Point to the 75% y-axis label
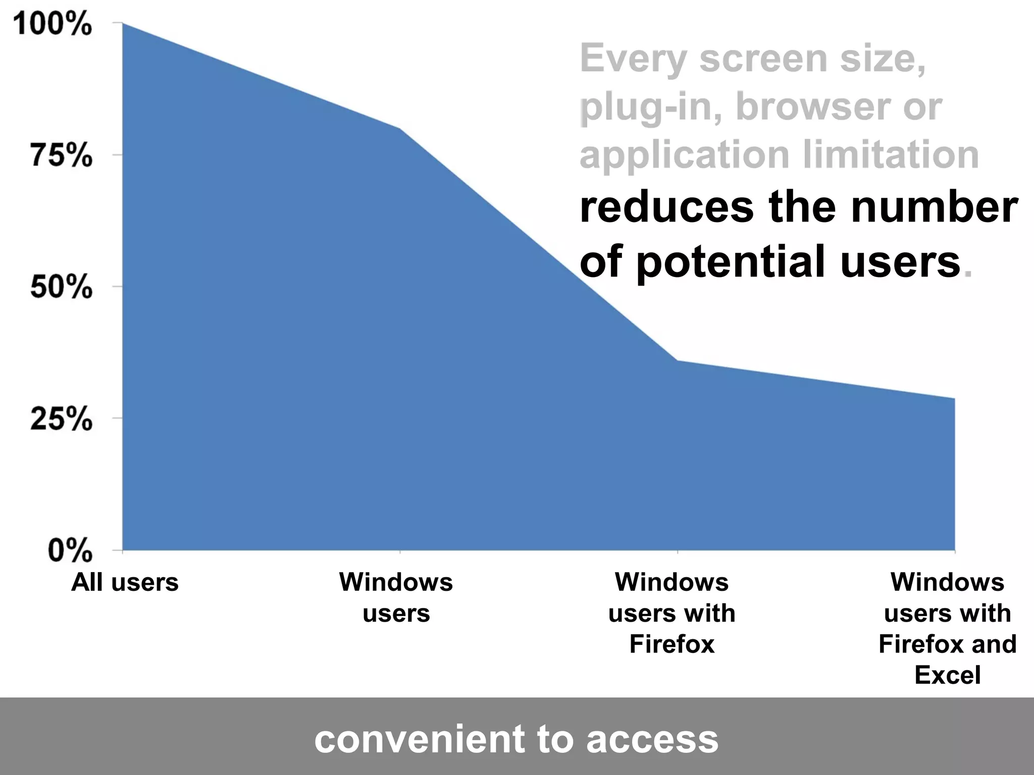[x=61, y=155]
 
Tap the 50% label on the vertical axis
[x=61, y=287]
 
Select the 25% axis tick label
[x=61, y=418]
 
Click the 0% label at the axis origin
[x=70, y=550]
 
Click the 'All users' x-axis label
[x=125, y=582]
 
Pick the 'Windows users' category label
[x=396, y=597]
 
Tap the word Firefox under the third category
[x=672, y=644]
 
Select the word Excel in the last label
[x=948, y=675]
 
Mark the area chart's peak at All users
[x=123, y=23]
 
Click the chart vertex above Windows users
[x=400, y=128]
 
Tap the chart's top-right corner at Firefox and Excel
[x=954, y=398]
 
